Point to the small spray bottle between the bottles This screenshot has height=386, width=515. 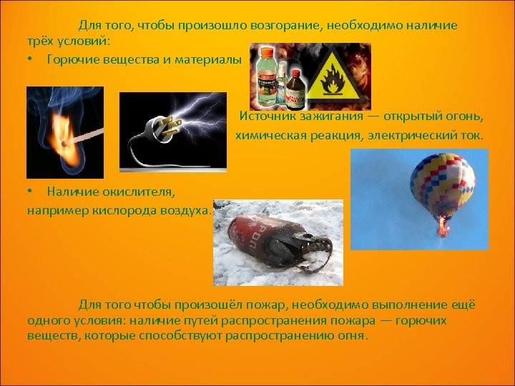pos(280,79)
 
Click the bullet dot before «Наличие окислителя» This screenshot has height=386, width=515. pos(30,191)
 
